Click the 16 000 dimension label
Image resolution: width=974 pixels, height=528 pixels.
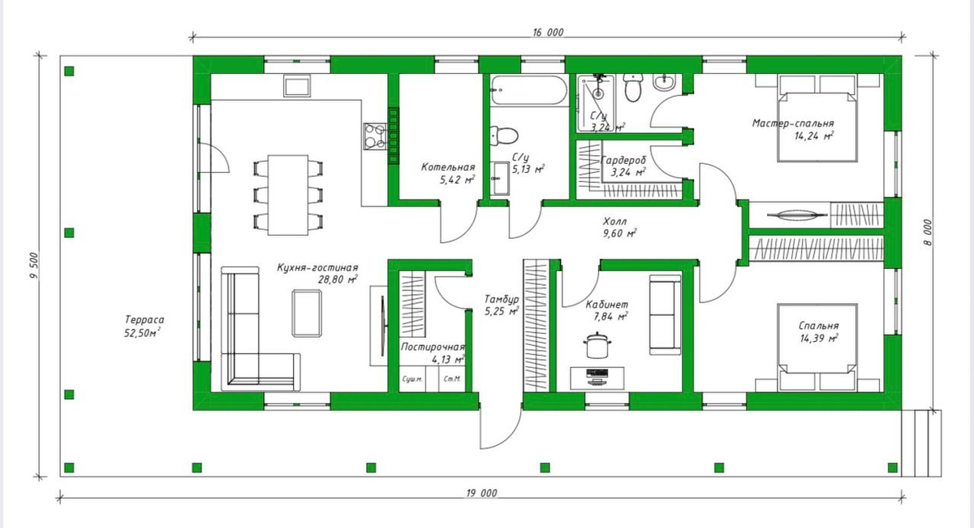tap(548, 32)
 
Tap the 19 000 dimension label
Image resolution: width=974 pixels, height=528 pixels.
tap(481, 493)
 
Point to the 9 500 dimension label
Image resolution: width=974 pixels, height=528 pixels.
tap(34, 266)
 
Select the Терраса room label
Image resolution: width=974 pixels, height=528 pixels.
tap(144, 320)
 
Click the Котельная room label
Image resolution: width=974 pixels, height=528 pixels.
tap(448, 167)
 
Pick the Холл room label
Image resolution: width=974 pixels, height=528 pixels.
tap(615, 221)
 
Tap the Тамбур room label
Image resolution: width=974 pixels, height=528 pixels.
tap(502, 300)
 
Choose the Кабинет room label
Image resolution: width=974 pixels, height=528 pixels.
tap(606, 305)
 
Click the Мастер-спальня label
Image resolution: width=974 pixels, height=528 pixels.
tap(793, 123)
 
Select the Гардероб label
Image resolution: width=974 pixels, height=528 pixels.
tap(623, 160)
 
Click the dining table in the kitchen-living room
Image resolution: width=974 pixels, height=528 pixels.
tap(288, 195)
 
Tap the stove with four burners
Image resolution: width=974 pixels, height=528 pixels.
tap(375, 136)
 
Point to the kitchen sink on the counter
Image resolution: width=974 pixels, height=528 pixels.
tap(297, 86)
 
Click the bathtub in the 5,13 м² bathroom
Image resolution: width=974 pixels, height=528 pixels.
tap(528, 90)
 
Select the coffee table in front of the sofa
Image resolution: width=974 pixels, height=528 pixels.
tap(307, 314)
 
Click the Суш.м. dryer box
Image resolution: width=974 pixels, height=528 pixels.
tap(412, 379)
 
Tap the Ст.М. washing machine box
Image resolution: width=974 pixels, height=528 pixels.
tap(452, 379)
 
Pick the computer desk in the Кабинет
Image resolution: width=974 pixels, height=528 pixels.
tap(597, 379)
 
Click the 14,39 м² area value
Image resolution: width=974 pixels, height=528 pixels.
tap(819, 338)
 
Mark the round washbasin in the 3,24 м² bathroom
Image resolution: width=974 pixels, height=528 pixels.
tap(665, 83)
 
